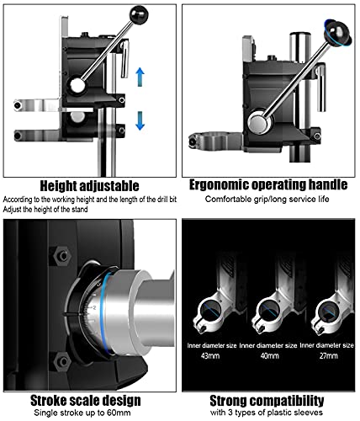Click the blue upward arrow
[x=140, y=77]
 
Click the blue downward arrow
[x=140, y=120]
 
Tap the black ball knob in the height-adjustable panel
[x=139, y=14]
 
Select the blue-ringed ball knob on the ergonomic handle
[x=337, y=32]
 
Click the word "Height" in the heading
[x=58, y=186]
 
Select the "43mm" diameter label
[x=210, y=356]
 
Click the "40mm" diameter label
[x=270, y=356]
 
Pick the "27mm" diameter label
[x=329, y=356]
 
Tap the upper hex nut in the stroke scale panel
[x=62, y=256]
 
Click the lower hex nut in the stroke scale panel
[x=61, y=361]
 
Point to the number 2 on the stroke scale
[x=94, y=307]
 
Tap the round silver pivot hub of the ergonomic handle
[x=260, y=123]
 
